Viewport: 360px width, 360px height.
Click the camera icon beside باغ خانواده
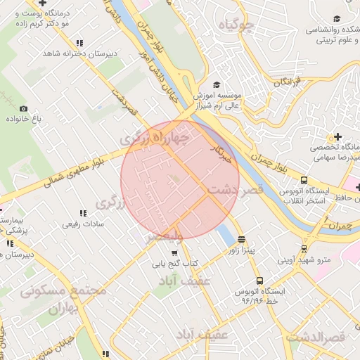(x=24, y=108)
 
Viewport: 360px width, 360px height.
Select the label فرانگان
(x=286, y=83)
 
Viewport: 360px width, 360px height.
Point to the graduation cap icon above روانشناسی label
(x=337, y=19)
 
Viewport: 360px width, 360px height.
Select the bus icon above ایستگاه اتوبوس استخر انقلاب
(x=304, y=180)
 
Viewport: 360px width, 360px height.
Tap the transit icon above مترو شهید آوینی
(x=304, y=248)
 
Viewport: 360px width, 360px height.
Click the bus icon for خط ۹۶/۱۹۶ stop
(x=260, y=281)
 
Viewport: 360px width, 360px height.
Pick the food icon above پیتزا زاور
(x=242, y=238)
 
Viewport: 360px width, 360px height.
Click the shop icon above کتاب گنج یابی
(x=174, y=253)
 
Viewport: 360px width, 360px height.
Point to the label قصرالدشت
(x=316, y=337)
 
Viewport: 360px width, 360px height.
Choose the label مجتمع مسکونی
(x=63, y=290)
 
